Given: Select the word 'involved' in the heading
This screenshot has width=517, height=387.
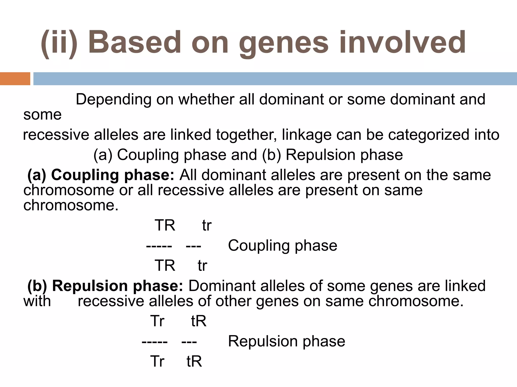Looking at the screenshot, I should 402,42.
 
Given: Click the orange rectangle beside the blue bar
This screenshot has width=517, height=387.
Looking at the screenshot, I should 15,79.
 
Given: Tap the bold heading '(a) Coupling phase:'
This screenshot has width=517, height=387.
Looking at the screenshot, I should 100,175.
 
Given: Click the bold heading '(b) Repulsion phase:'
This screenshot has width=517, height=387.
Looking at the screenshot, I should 105,286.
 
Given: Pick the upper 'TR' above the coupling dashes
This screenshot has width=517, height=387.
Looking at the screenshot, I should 165,225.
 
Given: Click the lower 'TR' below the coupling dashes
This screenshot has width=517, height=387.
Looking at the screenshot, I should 165,265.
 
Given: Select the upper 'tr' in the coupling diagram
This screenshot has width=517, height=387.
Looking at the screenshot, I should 206,225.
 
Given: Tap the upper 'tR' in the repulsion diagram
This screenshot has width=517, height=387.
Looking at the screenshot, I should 199,321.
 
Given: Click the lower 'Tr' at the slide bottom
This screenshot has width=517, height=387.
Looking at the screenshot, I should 157,361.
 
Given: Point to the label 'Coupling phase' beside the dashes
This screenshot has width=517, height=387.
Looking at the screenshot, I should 282,245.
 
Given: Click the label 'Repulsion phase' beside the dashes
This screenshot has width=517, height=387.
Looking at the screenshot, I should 287,341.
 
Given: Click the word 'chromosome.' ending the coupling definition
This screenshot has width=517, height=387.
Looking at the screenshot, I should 71,205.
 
